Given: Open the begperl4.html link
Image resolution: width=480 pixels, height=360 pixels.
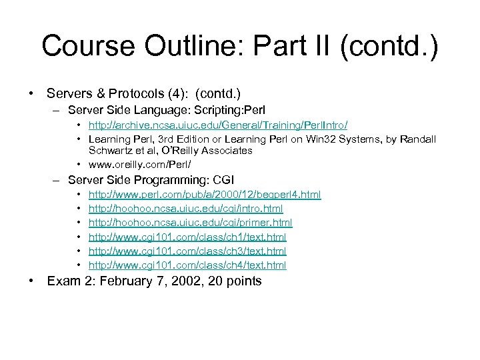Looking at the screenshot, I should point(205,194).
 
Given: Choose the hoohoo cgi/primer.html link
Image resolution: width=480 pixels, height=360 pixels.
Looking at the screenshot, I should point(191,222).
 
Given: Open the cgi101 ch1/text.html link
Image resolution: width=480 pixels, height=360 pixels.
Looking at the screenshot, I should point(187,237).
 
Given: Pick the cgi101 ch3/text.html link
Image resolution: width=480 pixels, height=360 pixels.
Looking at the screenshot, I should point(187,251).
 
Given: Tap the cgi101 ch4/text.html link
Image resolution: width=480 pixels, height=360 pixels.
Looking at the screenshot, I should point(187,265).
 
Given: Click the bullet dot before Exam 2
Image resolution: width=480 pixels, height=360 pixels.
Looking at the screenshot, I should point(32,281).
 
